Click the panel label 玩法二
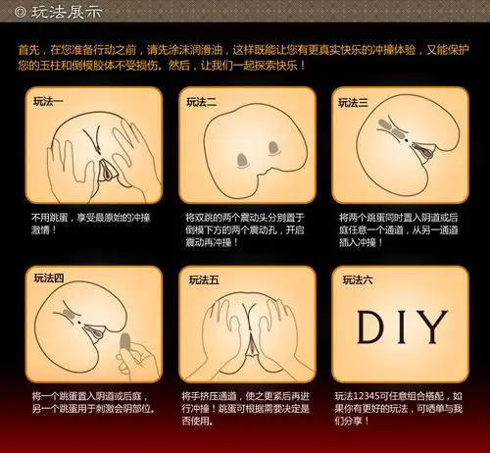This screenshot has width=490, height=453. (202, 100)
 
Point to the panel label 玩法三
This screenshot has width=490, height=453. (354, 100)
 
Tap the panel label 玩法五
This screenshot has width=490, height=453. (202, 278)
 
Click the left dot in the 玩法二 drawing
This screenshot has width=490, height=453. (240, 156)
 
